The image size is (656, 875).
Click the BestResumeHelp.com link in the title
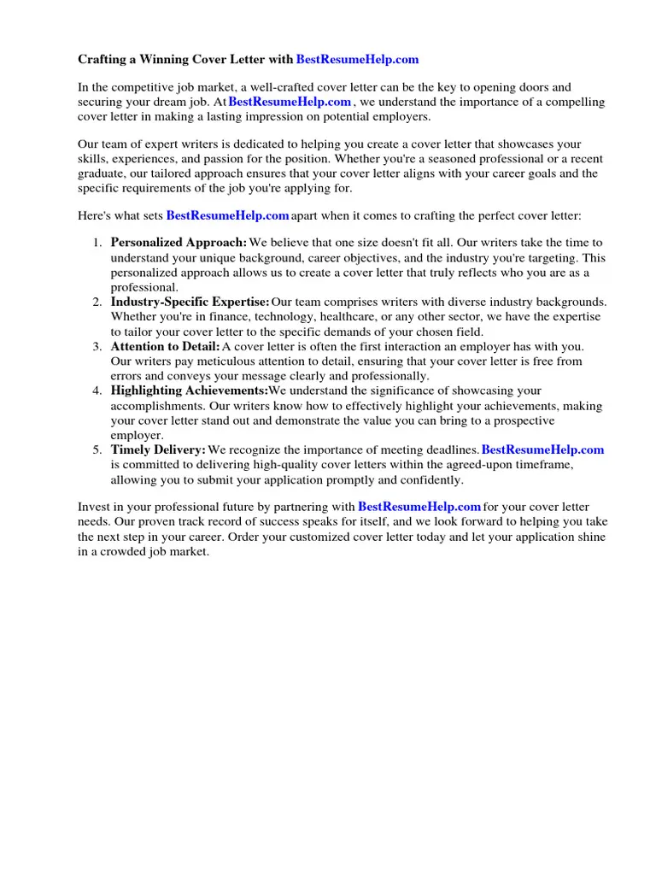click(357, 60)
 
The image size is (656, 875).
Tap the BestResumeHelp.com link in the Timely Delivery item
click(542, 449)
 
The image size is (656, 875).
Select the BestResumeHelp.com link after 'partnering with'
click(419, 507)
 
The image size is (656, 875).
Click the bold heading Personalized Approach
click(179, 243)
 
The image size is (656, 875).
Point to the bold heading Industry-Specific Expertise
click(190, 302)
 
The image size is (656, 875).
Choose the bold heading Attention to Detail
click(165, 346)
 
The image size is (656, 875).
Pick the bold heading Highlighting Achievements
click(189, 391)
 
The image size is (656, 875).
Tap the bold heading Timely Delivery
click(158, 449)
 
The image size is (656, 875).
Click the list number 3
click(97, 346)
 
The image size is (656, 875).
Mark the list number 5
click(97, 449)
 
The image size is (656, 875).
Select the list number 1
click(97, 243)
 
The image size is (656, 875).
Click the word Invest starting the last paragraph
click(93, 507)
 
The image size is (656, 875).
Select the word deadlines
click(449, 449)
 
